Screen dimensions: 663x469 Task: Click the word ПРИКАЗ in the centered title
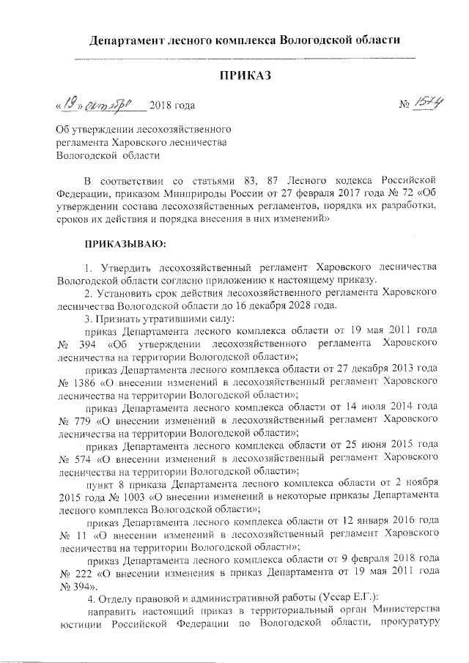tap(245, 75)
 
